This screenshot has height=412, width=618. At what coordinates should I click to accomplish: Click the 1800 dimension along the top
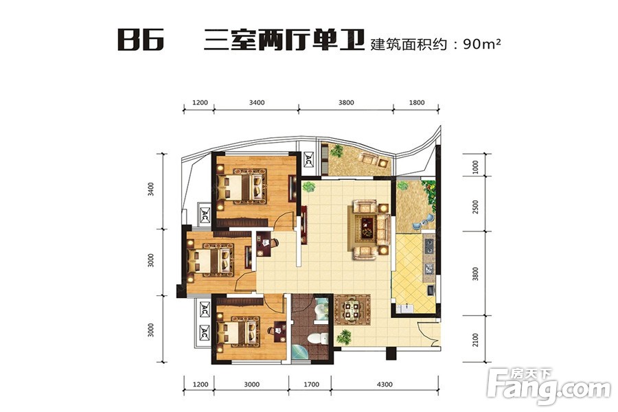(417, 102)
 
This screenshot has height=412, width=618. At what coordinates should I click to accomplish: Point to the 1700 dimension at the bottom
(311, 385)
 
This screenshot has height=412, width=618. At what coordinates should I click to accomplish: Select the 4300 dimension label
(385, 385)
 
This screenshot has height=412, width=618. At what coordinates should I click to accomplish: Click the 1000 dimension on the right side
(475, 167)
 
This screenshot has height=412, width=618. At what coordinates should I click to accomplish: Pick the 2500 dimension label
(475, 207)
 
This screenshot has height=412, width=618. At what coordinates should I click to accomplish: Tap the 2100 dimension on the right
(475, 340)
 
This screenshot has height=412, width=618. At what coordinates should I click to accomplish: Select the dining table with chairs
(352, 310)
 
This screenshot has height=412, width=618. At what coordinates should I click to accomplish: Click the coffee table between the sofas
(367, 228)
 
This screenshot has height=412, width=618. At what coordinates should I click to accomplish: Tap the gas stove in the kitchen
(428, 246)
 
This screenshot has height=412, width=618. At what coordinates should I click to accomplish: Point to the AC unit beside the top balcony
(308, 159)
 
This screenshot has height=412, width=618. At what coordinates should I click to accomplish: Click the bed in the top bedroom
(240, 187)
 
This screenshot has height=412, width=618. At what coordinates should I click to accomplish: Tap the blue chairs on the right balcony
(422, 222)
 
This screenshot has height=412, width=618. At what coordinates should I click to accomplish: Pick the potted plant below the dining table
(344, 337)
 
